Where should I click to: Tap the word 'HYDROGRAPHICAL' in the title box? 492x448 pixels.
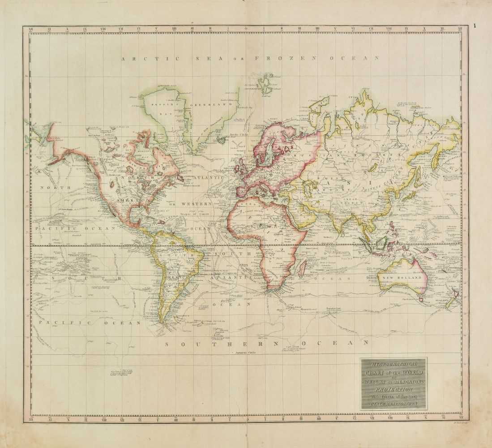coord(394,363)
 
